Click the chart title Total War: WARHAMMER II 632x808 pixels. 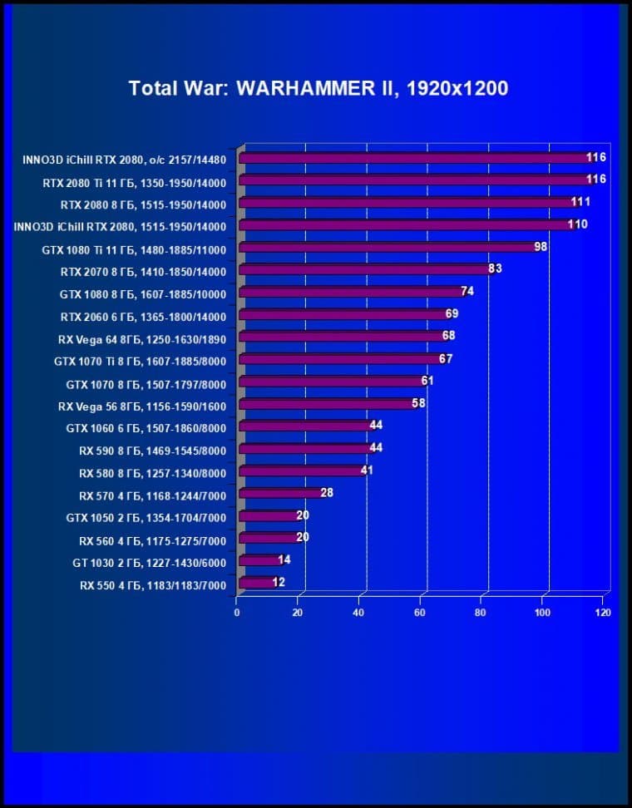[x=318, y=88]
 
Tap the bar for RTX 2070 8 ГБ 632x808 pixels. [x=366, y=270]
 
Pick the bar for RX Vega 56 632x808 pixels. [x=328, y=405]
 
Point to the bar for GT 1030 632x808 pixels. [x=260, y=562]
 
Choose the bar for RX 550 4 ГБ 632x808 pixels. [x=257, y=584]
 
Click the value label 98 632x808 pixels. [x=541, y=247]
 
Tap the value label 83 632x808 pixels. [x=495, y=269]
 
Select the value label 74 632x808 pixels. [x=467, y=292]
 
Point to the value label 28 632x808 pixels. [x=327, y=493]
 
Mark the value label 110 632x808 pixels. [x=578, y=224]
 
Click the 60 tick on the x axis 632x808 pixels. [x=420, y=613]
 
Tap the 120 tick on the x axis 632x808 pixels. [x=603, y=613]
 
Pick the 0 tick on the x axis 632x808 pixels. [x=237, y=613]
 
